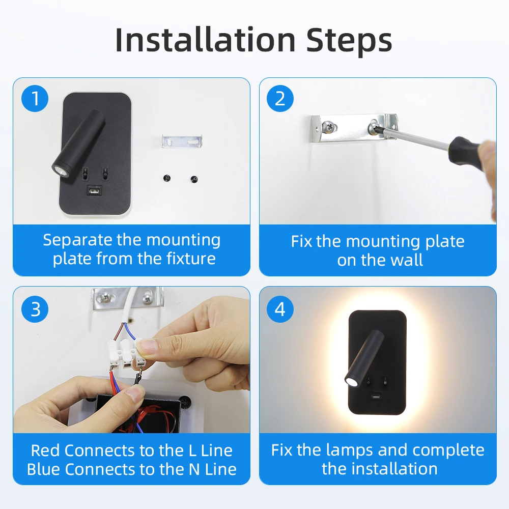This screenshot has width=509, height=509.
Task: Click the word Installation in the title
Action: tap(205, 40)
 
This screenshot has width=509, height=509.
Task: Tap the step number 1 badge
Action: tap(35, 99)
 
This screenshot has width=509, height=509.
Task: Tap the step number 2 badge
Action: tap(280, 99)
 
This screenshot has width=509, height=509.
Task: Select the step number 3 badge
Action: tap(35, 308)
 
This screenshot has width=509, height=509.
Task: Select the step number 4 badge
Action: tap(280, 308)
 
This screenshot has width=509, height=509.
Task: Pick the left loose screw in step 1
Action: tap(166, 178)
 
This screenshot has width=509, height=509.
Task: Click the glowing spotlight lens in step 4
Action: tap(351, 381)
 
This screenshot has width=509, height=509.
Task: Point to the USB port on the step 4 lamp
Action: tap(377, 397)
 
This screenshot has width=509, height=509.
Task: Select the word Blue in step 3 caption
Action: tap(44, 469)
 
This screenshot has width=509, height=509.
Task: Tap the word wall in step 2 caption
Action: tap(407, 260)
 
